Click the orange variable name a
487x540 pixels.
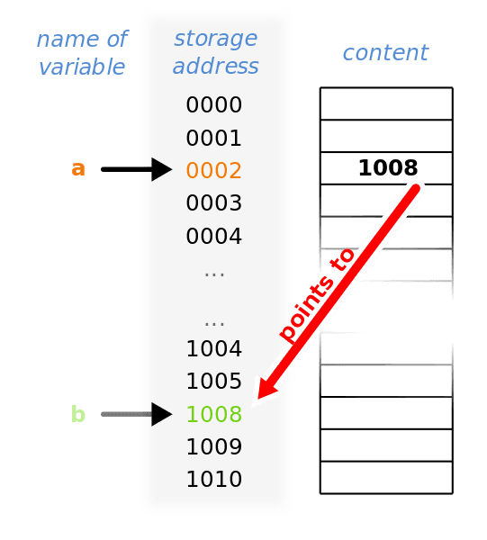click(78, 169)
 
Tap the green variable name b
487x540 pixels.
click(78, 414)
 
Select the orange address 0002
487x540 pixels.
click(214, 170)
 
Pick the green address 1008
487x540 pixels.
click(214, 414)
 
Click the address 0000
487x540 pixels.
click(214, 104)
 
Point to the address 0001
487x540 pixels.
click(214, 138)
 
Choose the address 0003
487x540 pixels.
click(214, 202)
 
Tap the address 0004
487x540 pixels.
click(214, 236)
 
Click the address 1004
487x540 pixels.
click(214, 348)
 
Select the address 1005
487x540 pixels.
click(214, 382)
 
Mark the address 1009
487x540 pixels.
click(214, 446)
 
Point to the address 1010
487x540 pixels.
click(214, 479)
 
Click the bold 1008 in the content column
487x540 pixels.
click(388, 167)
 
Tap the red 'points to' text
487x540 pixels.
click(317, 295)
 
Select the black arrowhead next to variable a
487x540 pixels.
click(161, 169)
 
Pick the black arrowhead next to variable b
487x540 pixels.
click(161, 414)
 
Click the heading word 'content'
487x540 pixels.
click(385, 53)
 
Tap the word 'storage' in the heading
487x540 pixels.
click(216, 39)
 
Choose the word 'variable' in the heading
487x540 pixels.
click(82, 67)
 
